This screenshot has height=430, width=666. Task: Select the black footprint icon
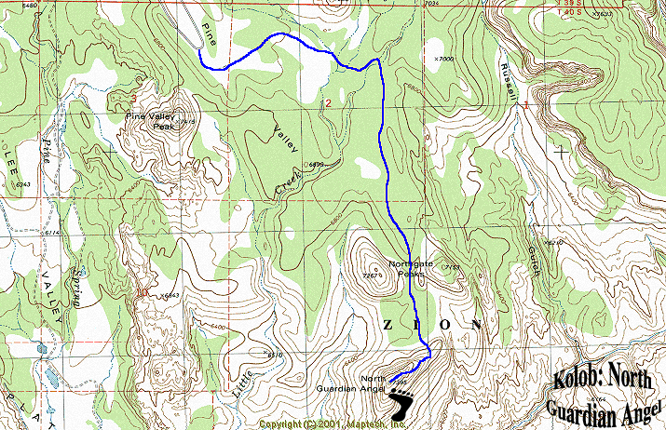pos(403,405)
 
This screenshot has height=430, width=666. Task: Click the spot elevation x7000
pos(442,59)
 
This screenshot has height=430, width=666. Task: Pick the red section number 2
pos(327,102)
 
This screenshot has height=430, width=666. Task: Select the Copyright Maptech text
pos(333,424)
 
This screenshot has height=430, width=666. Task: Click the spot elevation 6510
pos(273,355)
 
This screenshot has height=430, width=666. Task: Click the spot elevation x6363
pos(169,296)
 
